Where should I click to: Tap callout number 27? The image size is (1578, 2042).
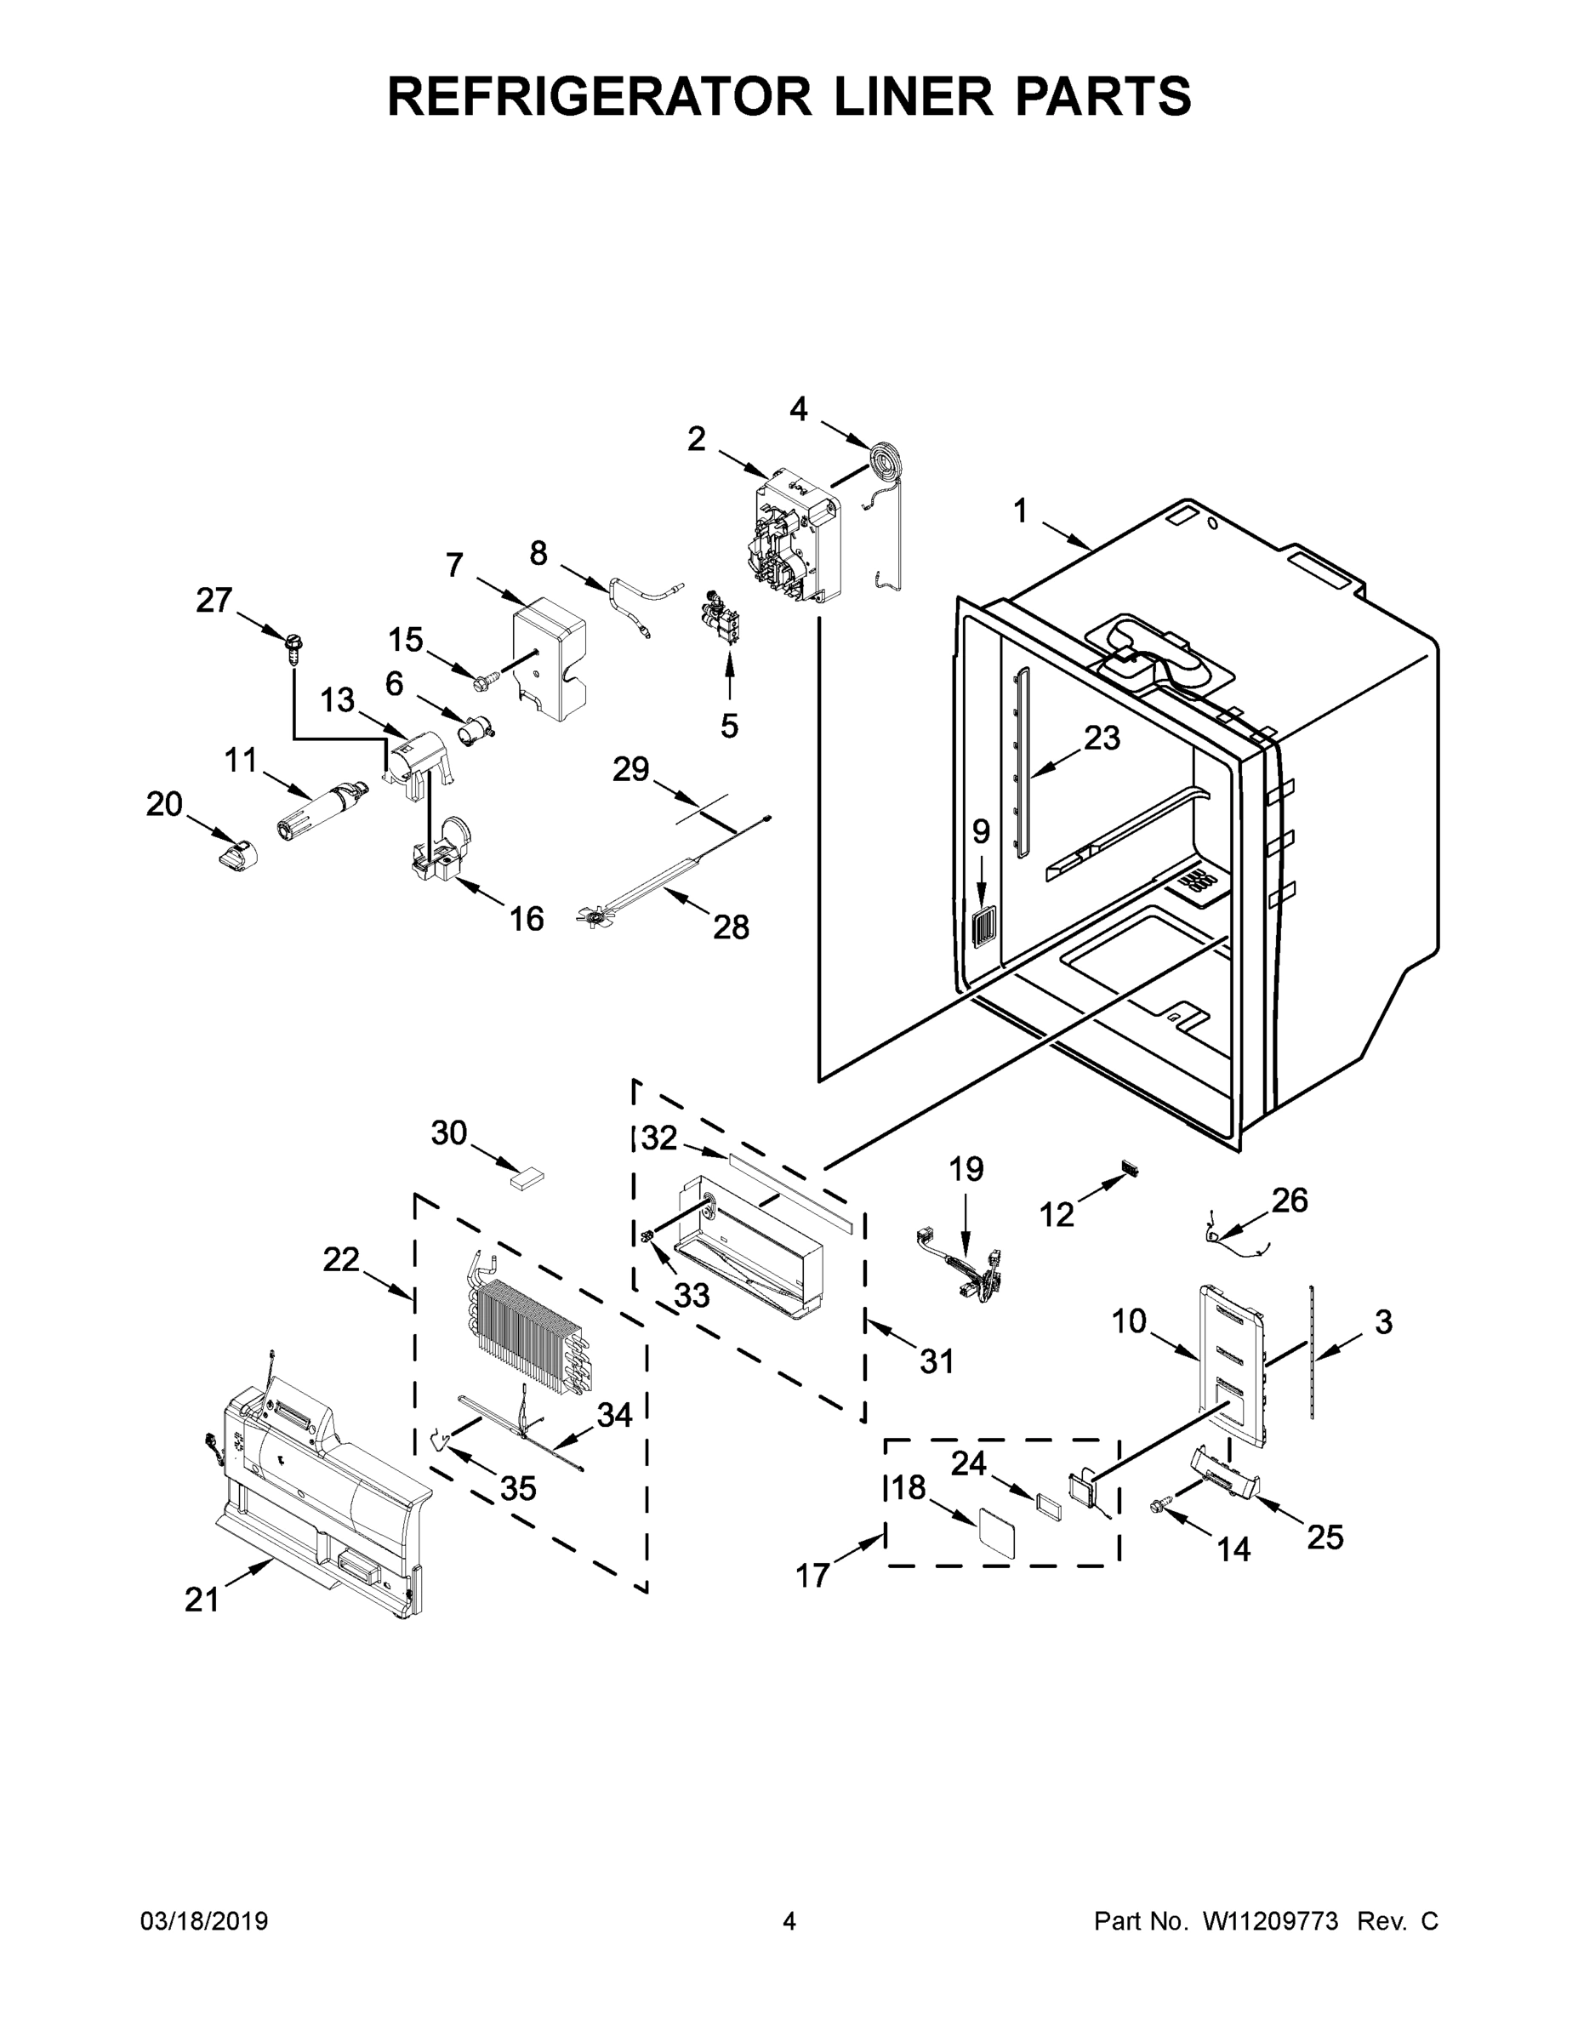(214, 599)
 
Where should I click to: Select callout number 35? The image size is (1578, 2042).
(518, 1487)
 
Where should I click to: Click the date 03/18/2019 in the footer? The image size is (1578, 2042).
(204, 1921)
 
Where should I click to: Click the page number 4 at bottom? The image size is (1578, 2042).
(789, 1921)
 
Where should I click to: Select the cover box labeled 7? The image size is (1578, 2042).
(550, 664)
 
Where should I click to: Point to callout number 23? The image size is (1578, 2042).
(1102, 738)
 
